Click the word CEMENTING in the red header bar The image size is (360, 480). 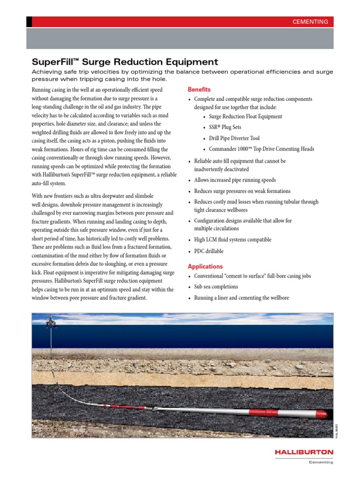[x=310, y=22]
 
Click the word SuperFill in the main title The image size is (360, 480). [x=48, y=62]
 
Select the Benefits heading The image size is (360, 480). [x=199, y=90]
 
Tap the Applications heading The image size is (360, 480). [x=205, y=267]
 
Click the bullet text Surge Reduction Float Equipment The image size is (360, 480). [x=245, y=117]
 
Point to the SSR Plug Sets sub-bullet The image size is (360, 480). [x=225, y=127]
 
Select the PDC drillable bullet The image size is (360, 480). [x=209, y=251]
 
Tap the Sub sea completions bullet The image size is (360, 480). [x=216, y=287]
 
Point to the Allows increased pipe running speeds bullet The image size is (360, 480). [x=235, y=180]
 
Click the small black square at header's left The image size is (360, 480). [x=29, y=22]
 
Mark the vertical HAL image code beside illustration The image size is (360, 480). [x=336, y=430]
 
